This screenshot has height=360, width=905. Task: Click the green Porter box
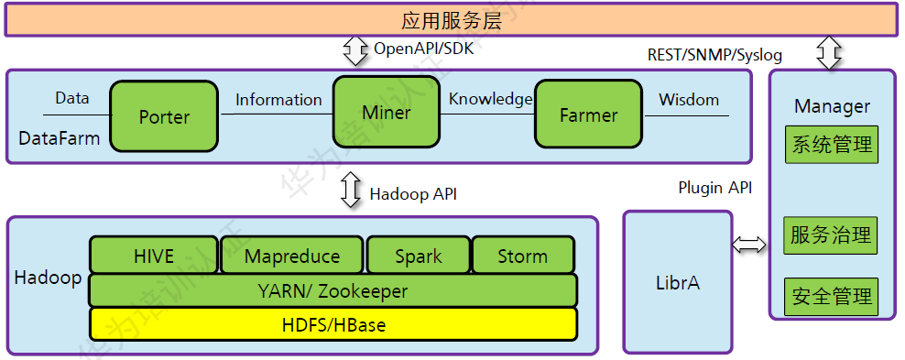[165, 116]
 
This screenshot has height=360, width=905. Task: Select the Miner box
[387, 113]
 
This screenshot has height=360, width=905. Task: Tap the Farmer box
[588, 115]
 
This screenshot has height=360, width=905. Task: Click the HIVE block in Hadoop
[154, 255]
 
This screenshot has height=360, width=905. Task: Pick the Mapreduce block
[292, 255]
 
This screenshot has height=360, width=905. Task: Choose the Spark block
[419, 255]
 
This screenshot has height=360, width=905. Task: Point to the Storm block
[523, 255]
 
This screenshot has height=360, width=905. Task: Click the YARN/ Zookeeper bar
[333, 290]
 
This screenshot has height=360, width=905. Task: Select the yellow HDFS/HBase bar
[333, 324]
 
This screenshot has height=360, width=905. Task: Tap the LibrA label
[678, 283]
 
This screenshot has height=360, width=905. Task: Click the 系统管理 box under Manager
[832, 145]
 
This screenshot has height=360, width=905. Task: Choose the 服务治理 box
[831, 235]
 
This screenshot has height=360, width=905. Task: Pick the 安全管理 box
[831, 297]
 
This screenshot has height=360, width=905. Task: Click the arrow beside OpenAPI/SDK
[355, 50]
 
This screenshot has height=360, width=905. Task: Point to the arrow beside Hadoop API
[350, 190]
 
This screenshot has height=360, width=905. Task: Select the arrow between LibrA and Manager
[749, 245]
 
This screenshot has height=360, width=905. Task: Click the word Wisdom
[689, 100]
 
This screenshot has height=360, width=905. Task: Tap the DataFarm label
[59, 138]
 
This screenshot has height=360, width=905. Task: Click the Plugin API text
[715, 188]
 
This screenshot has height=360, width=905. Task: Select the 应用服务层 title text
[452, 21]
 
